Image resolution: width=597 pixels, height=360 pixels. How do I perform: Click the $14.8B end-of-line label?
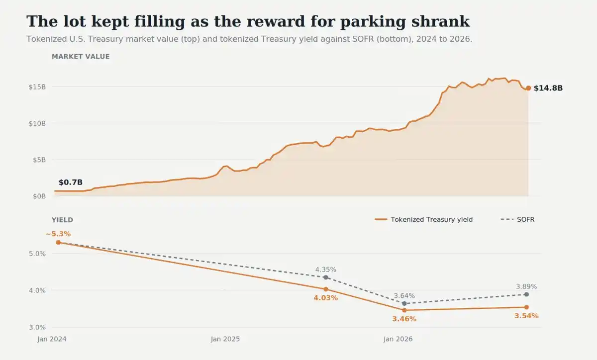(548, 88)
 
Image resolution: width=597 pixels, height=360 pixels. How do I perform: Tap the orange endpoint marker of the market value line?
(528, 88)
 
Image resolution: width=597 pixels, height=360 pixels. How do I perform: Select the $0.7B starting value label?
(71, 182)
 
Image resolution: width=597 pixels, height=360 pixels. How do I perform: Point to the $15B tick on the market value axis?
(37, 87)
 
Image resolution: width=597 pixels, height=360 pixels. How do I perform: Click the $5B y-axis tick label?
(39, 160)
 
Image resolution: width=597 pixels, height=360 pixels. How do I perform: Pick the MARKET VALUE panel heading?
(81, 57)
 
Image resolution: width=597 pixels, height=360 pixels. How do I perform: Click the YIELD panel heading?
(62, 220)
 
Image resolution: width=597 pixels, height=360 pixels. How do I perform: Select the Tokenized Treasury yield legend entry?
(424, 220)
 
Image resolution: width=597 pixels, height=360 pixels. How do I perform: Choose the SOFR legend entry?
(517, 220)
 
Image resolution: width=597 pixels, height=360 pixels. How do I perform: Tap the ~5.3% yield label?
(58, 234)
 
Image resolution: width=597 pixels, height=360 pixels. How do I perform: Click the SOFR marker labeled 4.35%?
(326, 277)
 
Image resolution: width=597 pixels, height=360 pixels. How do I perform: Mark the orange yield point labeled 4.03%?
(326, 289)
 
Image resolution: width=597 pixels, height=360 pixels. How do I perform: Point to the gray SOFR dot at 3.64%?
(404, 303)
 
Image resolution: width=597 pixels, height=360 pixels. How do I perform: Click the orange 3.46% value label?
(404, 319)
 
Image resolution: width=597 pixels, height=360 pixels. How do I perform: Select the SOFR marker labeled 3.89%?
(526, 294)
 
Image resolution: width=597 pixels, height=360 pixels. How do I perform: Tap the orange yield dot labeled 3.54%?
(526, 307)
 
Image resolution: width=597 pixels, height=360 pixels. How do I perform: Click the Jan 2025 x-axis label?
(225, 339)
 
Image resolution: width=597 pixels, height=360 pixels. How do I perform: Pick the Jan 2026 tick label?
(398, 339)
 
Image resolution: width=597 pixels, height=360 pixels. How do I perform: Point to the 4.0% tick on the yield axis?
(37, 290)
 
